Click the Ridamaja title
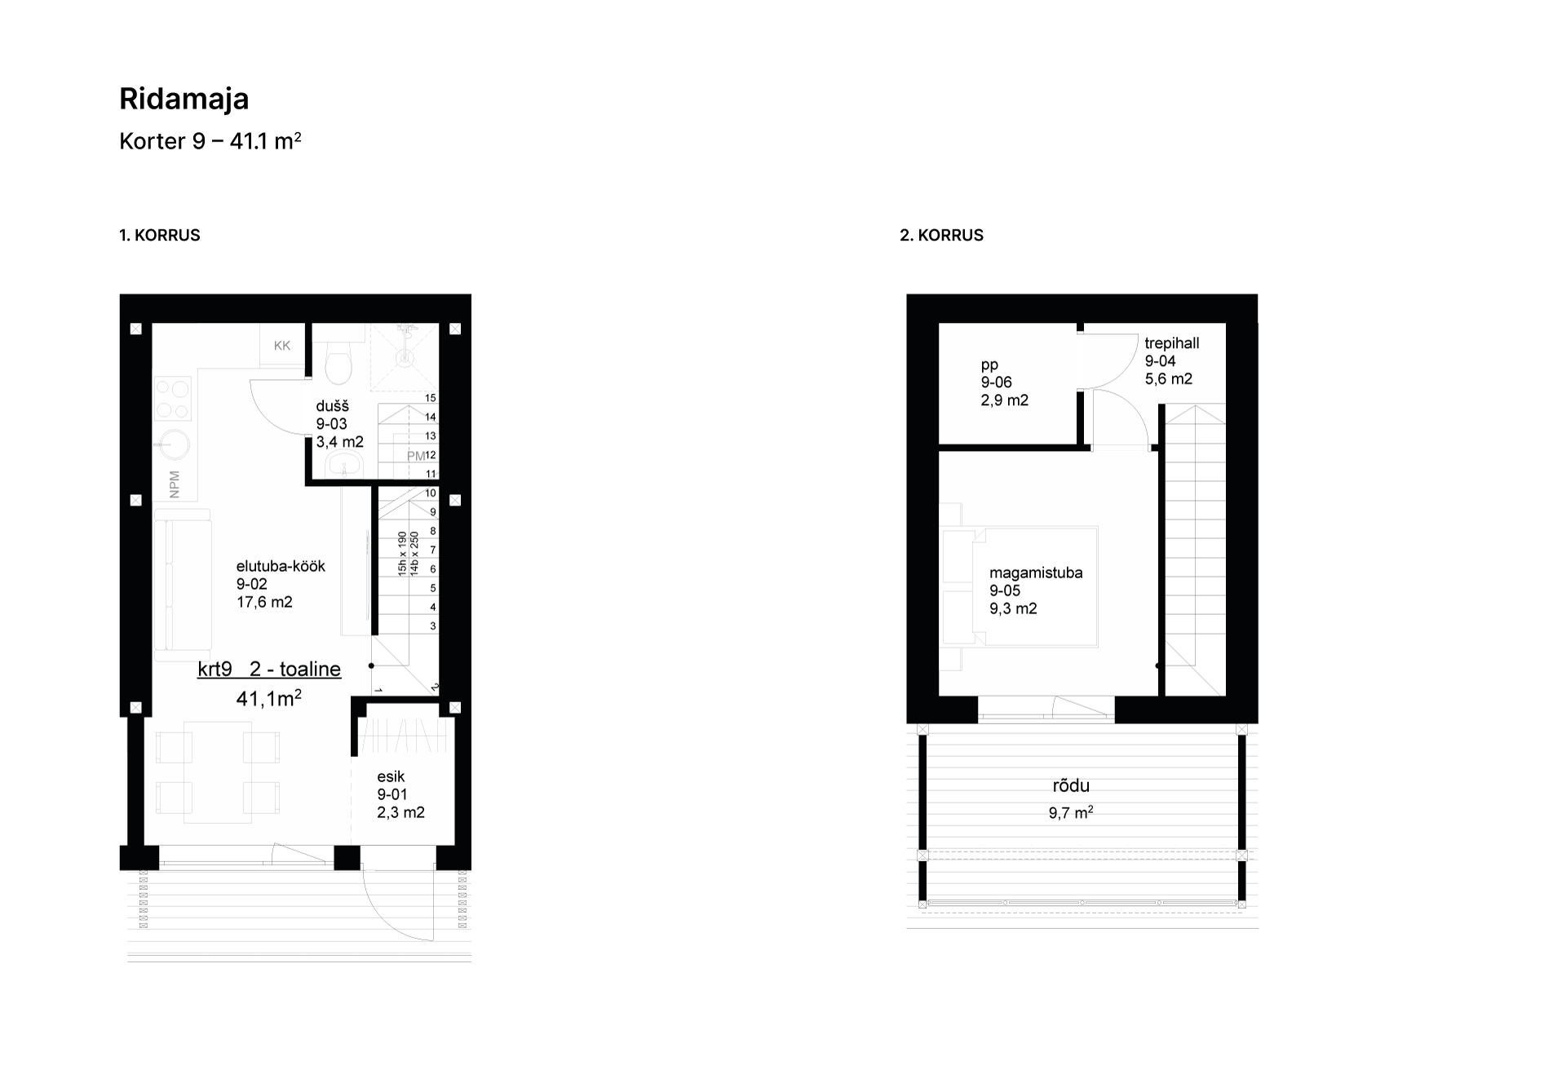184,99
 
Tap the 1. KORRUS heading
160,235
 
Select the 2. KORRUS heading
941,235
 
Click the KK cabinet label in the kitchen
282,346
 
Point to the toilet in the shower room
338,361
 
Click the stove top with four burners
173,398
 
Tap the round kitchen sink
173,445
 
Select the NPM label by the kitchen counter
174,484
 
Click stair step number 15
431,398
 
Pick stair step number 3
433,626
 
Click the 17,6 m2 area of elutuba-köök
264,603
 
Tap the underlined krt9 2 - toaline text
269,670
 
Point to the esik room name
391,776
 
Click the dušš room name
333,406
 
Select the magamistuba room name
1036,573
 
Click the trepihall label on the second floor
1172,343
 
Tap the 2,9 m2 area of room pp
1005,400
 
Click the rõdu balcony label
1071,786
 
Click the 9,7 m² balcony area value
1071,812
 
